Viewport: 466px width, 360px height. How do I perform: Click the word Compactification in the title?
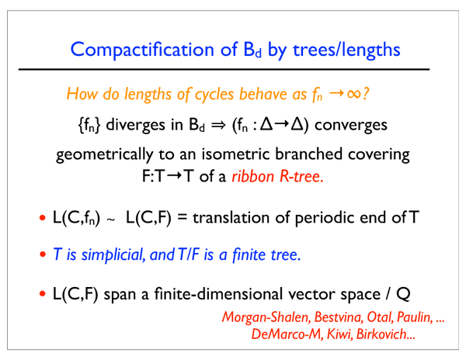[142, 49]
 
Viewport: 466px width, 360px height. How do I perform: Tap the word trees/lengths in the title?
[346, 49]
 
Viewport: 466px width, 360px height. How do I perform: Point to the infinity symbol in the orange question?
[353, 93]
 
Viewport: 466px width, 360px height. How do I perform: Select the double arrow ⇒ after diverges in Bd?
[218, 125]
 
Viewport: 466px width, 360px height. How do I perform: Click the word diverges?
[136, 125]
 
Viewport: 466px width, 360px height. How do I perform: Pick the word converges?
[351, 125]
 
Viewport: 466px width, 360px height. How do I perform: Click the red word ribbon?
[252, 176]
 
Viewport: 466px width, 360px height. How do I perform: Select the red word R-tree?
[301, 177]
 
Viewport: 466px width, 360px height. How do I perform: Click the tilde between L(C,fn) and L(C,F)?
[110, 220]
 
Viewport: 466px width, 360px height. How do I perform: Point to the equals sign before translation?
[182, 217]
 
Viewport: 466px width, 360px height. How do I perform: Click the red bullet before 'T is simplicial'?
[43, 254]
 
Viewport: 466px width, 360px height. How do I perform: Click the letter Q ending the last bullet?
[403, 294]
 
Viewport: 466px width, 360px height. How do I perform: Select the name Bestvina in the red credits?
[339, 317]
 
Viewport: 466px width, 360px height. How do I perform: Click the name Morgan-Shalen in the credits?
[266, 317]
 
